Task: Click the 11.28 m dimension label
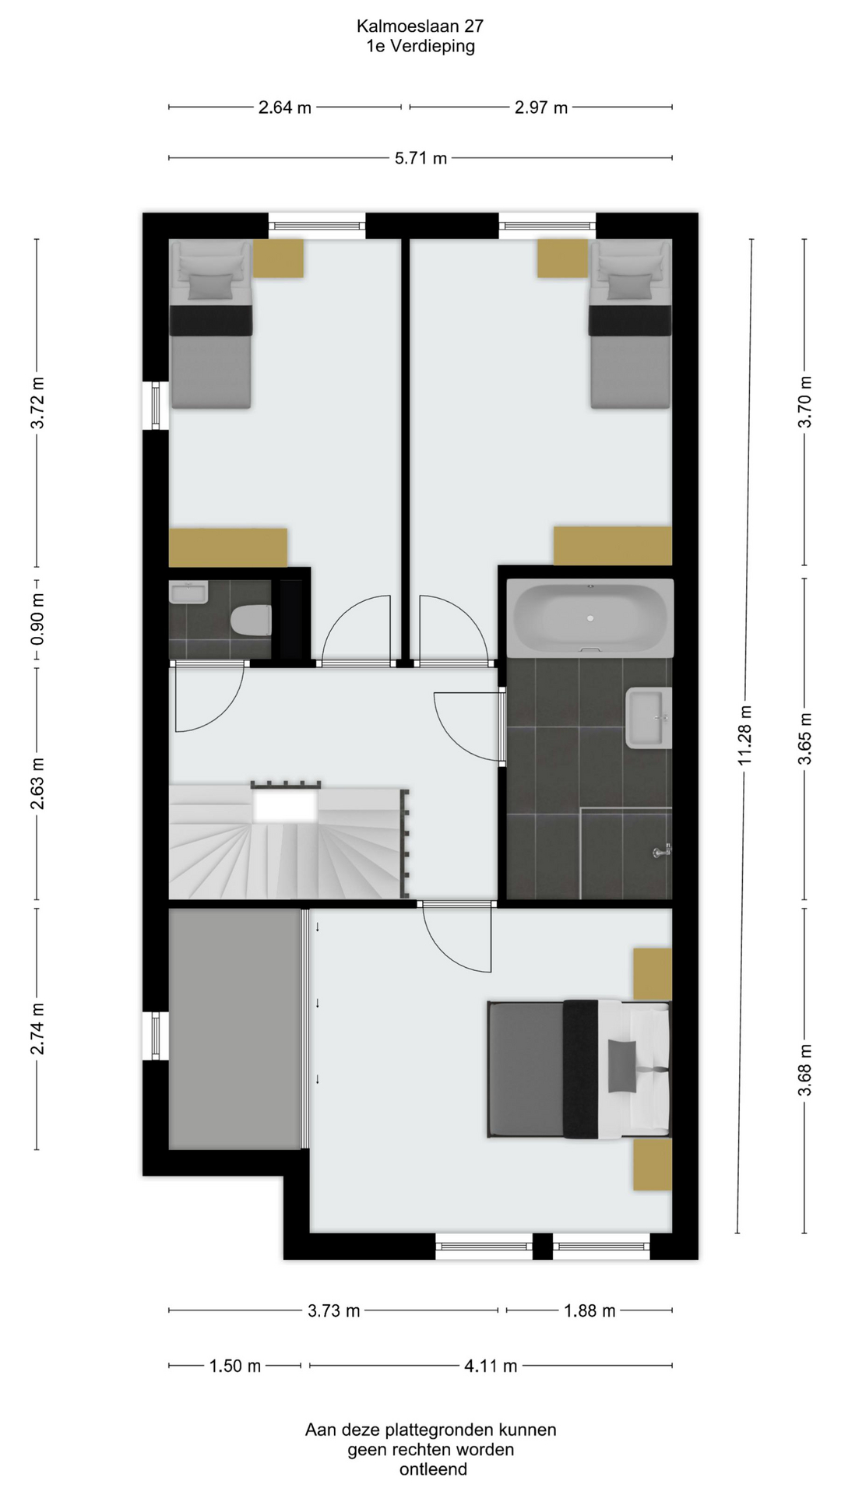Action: [745, 735]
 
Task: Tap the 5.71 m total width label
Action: [420, 158]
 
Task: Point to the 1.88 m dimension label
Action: [589, 1310]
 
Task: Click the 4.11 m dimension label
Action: [491, 1365]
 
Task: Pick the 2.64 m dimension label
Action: [285, 107]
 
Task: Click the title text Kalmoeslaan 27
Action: [420, 26]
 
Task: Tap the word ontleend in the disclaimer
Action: [433, 1469]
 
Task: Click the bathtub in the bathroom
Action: [589, 618]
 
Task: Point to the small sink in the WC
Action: [188, 593]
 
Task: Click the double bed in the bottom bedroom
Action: [579, 1069]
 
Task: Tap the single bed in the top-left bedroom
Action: [211, 324]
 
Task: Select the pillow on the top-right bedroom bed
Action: [629, 287]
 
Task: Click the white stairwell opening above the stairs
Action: [285, 805]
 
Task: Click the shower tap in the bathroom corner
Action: [662, 852]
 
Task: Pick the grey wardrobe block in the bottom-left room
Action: [235, 1029]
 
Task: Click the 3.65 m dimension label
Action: [805, 737]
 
